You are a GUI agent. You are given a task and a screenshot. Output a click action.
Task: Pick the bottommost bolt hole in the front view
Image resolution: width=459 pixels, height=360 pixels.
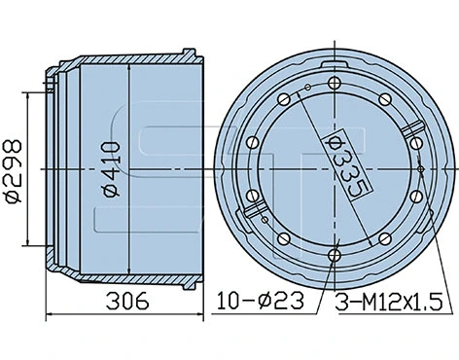(335, 255)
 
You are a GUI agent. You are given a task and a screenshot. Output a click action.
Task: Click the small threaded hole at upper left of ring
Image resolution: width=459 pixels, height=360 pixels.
(306, 90)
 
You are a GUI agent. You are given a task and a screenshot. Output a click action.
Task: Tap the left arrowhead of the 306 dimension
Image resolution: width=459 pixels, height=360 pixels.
(51, 313)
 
